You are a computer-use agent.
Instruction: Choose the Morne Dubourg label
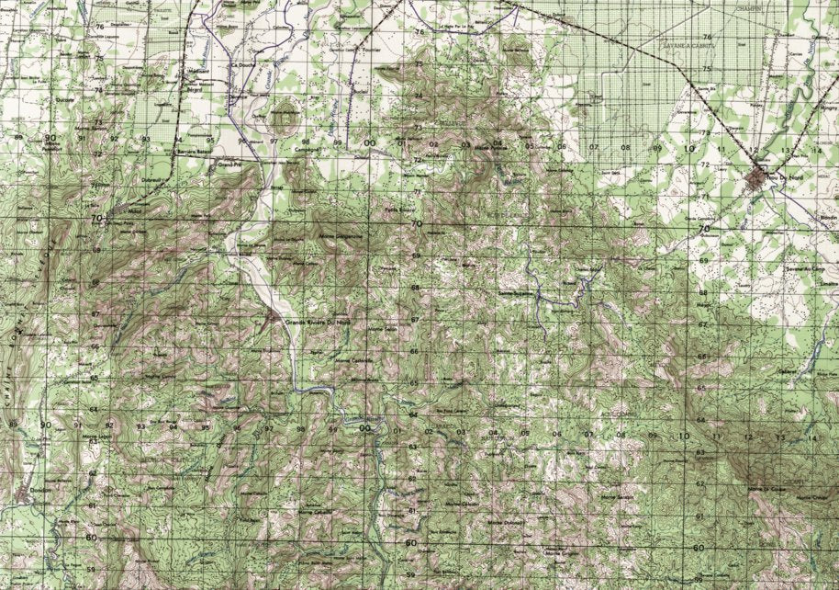point(506,521)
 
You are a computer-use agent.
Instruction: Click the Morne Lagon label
point(97,437)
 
